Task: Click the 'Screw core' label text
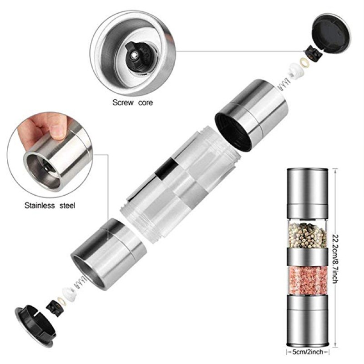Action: click(133, 102)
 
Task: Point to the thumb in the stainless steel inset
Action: click(50, 125)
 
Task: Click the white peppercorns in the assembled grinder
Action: click(308, 234)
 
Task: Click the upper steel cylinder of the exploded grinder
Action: click(252, 114)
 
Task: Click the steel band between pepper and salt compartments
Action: click(308, 256)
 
